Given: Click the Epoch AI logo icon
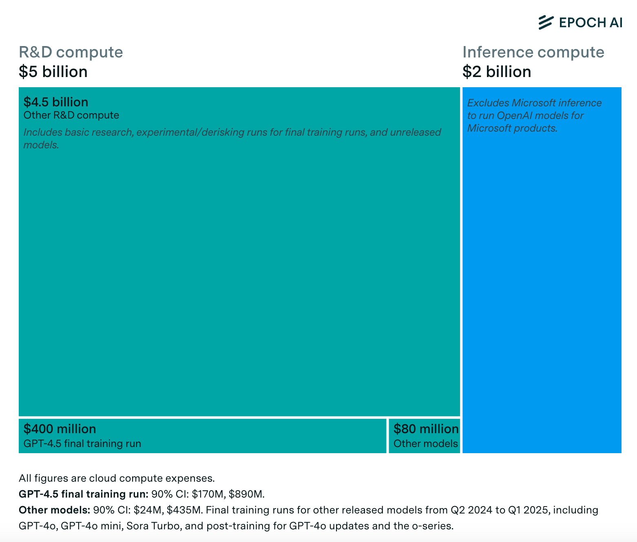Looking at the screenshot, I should pyautogui.click(x=546, y=22).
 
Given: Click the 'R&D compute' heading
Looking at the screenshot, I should pyautogui.click(x=71, y=52).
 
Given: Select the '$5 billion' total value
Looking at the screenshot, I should pyautogui.click(x=53, y=72).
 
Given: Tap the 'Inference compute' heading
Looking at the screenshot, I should pyautogui.click(x=533, y=52).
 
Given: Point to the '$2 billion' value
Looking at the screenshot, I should pyautogui.click(x=496, y=72).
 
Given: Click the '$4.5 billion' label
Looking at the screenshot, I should pyautogui.click(x=56, y=102).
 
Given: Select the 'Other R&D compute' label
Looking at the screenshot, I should pyautogui.click(x=71, y=115).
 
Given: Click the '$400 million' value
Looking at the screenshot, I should pyautogui.click(x=60, y=429).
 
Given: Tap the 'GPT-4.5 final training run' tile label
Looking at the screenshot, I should pyautogui.click(x=82, y=443).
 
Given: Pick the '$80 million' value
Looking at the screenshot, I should pyautogui.click(x=426, y=429).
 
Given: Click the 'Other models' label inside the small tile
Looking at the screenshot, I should pyautogui.click(x=425, y=443).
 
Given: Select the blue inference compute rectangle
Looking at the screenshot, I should pyautogui.click(x=542, y=285).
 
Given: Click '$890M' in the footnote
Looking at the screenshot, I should pyautogui.click(x=246, y=494).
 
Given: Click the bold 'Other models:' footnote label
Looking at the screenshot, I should pyautogui.click(x=54, y=510).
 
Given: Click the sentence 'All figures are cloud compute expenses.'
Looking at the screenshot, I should pyautogui.click(x=117, y=478).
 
